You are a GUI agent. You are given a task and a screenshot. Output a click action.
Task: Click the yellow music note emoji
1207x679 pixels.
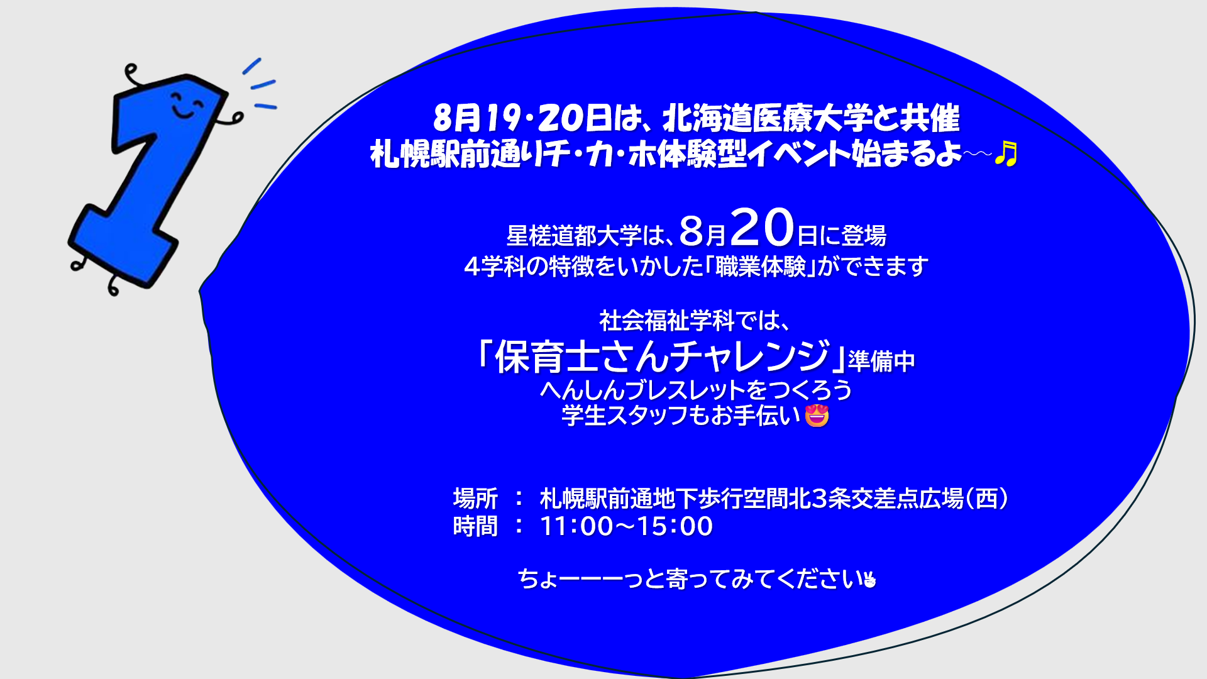click(1006, 153)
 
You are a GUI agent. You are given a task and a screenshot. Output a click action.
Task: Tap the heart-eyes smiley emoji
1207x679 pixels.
click(817, 415)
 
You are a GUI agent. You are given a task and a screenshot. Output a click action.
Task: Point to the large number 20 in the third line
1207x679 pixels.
click(762, 228)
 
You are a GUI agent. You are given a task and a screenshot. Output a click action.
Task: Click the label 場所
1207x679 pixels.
click(475, 499)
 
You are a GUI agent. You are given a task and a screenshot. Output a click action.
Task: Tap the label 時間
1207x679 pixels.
click(475, 526)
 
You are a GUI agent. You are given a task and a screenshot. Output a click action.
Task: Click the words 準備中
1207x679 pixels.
click(881, 362)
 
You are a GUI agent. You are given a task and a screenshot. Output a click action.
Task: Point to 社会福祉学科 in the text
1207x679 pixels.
click(667, 321)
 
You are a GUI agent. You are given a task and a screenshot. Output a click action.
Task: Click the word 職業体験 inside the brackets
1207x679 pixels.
click(761, 267)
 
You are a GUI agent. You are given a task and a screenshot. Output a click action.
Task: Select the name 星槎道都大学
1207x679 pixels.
click(574, 236)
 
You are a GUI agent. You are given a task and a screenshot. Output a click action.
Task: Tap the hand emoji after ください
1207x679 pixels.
click(869, 579)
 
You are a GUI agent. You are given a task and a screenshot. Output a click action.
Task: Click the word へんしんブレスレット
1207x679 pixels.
click(644, 390)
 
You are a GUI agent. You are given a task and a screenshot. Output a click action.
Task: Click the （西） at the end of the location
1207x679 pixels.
click(987, 499)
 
